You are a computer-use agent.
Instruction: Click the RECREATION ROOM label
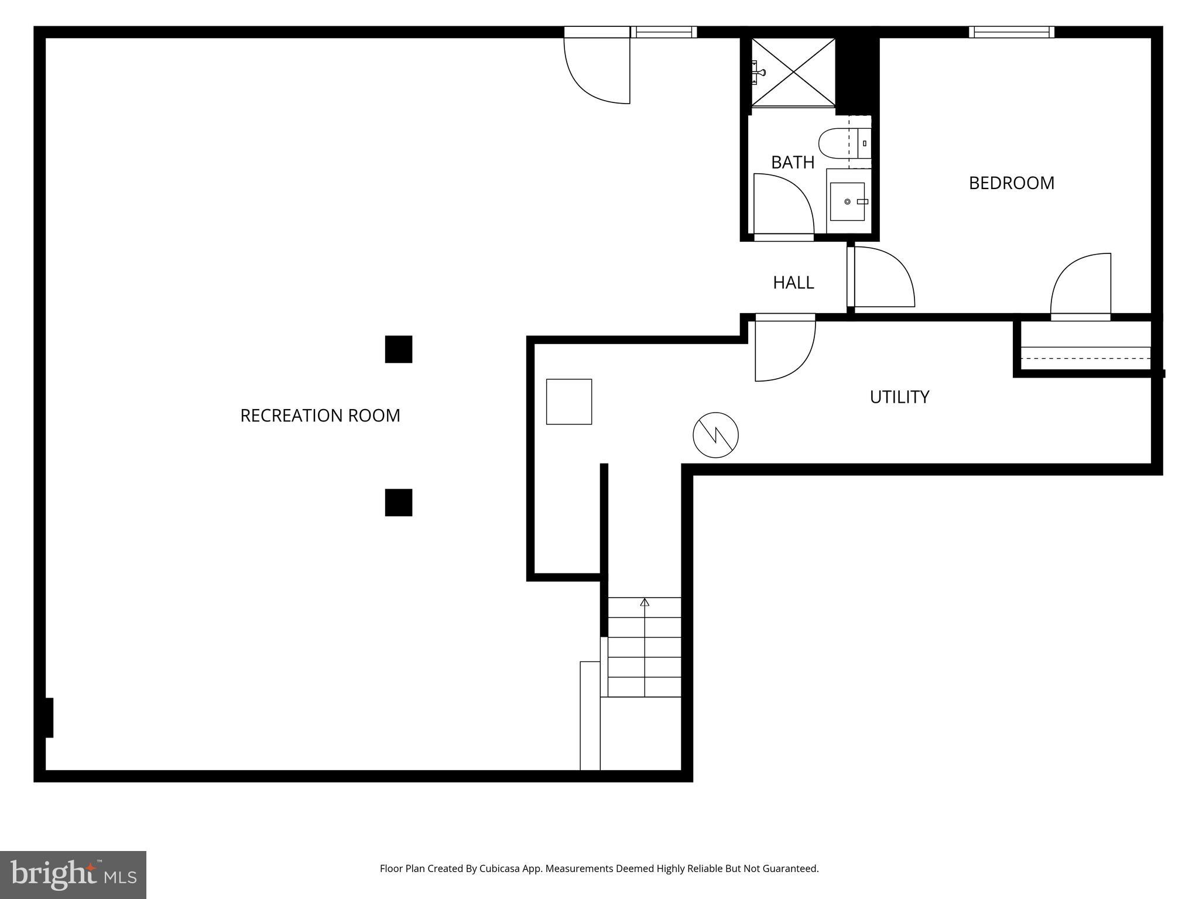[320, 416]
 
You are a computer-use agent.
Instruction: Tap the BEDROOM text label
[1011, 183]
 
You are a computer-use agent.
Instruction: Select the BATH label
[792, 162]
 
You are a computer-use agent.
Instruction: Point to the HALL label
[793, 283]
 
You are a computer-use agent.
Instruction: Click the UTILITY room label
[899, 397]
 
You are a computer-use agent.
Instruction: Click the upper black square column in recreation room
[398, 349]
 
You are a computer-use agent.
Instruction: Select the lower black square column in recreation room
[398, 503]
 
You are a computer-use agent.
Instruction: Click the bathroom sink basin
[847, 201]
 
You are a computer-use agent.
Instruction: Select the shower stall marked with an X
[793, 73]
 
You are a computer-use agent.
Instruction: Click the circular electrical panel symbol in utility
[715, 435]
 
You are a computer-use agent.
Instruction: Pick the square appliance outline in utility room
[568, 402]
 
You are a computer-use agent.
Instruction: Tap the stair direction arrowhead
[645, 602]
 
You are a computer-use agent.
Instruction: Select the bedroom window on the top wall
[1011, 32]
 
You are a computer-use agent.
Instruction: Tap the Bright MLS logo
[73, 874]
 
